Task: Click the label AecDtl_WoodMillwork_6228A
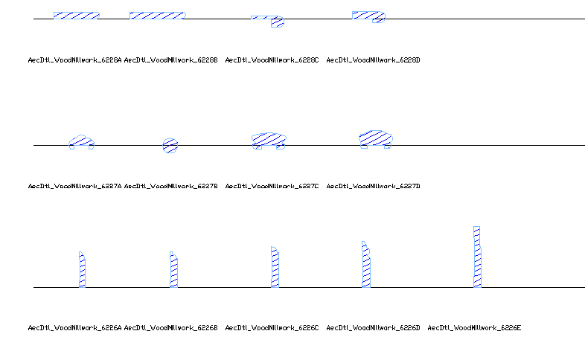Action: click(74, 60)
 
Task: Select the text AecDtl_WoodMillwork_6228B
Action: click(170, 60)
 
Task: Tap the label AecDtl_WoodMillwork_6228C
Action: click(272, 60)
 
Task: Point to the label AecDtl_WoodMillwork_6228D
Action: click(373, 60)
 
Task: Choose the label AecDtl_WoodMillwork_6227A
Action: click(74, 186)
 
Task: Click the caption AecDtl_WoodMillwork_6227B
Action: click(170, 186)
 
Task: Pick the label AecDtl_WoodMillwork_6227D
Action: click(373, 186)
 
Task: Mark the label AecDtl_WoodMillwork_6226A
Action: click(74, 327)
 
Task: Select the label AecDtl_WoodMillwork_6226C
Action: click(272, 327)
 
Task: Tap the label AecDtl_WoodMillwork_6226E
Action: click(474, 327)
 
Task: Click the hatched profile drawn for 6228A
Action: click(76, 15)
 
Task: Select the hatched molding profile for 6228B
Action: click(157, 15)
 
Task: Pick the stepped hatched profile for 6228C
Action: click(276, 22)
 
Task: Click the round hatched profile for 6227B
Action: click(170, 145)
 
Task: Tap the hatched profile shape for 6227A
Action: click(81, 141)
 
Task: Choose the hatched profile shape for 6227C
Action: click(269, 139)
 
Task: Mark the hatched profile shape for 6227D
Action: click(375, 138)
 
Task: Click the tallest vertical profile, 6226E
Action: click(477, 257)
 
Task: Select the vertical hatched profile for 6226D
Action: click(366, 266)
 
